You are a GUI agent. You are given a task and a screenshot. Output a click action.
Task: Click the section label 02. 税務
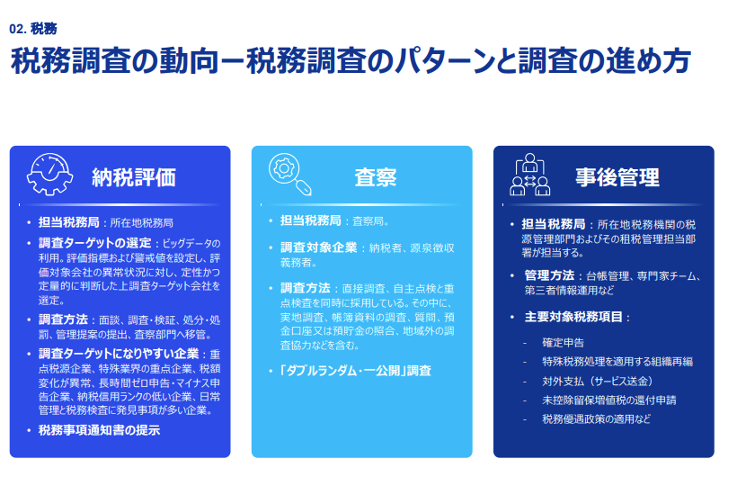(x=32, y=28)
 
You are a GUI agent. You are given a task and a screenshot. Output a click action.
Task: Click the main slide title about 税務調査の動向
(x=350, y=61)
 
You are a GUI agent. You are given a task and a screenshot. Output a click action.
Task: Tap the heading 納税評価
(x=134, y=177)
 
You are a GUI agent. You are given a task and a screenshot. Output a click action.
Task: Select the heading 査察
(x=376, y=177)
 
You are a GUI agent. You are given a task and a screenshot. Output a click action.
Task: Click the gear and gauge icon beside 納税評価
(x=52, y=175)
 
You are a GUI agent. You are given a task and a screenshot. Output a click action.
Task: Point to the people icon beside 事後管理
(x=530, y=175)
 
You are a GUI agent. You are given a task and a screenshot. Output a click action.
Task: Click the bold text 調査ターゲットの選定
(x=94, y=243)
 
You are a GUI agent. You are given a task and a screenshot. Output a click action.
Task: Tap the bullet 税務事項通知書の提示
(x=99, y=429)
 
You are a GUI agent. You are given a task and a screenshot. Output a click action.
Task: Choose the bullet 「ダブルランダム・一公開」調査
(x=356, y=370)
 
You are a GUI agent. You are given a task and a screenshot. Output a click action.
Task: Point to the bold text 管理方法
(x=549, y=274)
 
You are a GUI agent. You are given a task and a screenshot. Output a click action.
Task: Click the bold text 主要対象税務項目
(x=575, y=317)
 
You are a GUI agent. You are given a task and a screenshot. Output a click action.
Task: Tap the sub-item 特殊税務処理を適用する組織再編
(x=617, y=361)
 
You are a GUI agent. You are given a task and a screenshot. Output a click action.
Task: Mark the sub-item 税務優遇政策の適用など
(x=595, y=418)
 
